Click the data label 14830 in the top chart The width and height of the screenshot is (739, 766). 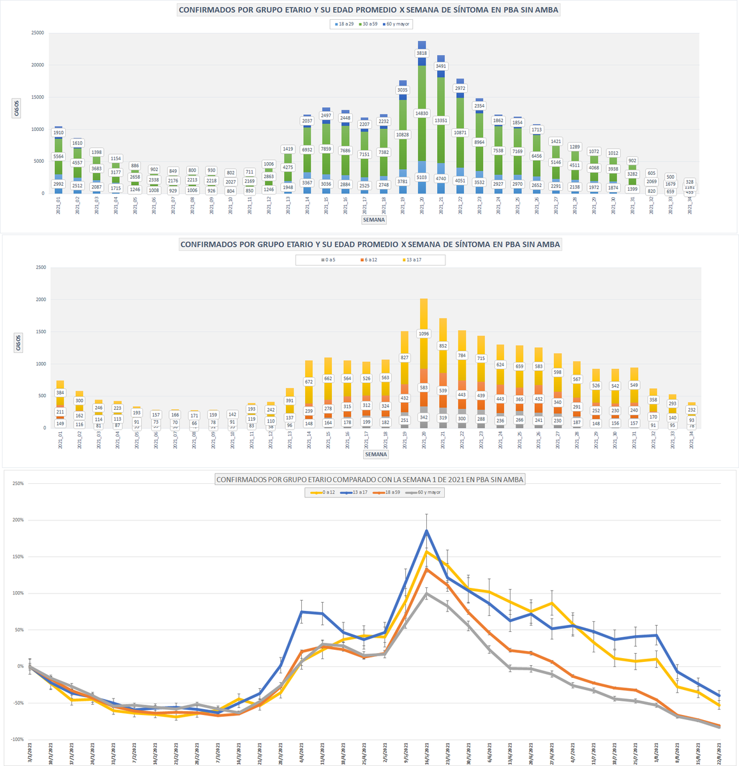pyautogui.click(x=422, y=113)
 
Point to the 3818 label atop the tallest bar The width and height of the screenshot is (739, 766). pyautogui.click(x=422, y=54)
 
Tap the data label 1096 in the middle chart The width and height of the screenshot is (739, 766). pyautogui.click(x=424, y=333)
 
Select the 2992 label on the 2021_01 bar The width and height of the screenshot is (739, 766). pyautogui.click(x=58, y=184)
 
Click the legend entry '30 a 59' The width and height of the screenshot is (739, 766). pyautogui.click(x=370, y=24)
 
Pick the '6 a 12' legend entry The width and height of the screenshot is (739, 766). pyautogui.click(x=371, y=260)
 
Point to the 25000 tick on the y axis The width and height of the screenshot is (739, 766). pyautogui.click(x=37, y=33)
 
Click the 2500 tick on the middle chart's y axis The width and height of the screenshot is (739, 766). pyautogui.click(x=40, y=267)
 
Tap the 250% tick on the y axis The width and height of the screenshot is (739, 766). pyautogui.click(x=17, y=483)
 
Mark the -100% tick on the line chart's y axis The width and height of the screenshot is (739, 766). pyautogui.click(x=15, y=739)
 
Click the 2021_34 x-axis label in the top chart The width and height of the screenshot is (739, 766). pyautogui.click(x=690, y=207)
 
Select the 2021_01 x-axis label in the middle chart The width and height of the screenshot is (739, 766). pyautogui.click(x=60, y=440)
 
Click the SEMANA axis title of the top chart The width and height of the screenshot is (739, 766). pyautogui.click(x=374, y=220)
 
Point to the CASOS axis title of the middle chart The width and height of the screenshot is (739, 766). pyautogui.click(x=17, y=343)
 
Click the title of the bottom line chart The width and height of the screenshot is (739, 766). pyautogui.click(x=370, y=479)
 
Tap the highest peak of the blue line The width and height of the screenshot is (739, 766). pyautogui.click(x=426, y=530)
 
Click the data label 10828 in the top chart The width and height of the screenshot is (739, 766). pyautogui.click(x=403, y=135)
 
